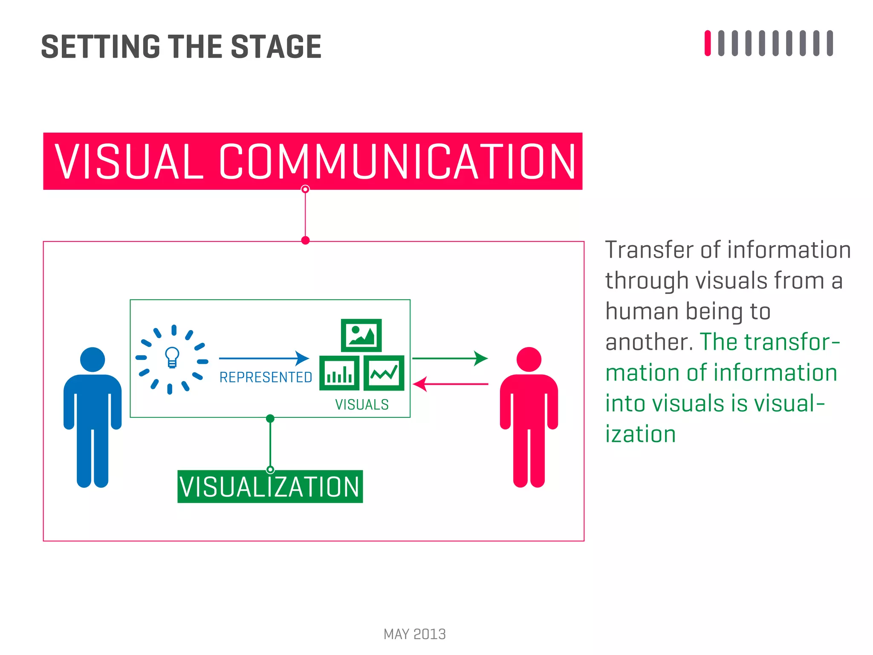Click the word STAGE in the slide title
tap(276, 47)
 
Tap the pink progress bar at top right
tap(708, 43)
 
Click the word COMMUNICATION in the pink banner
tap(397, 162)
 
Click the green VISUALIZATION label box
tap(270, 487)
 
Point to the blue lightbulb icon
tap(172, 357)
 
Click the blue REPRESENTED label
tap(266, 377)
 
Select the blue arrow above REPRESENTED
tap(264, 358)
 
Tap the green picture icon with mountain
tap(361, 335)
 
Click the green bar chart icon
tap(339, 373)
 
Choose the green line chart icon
tap(384, 373)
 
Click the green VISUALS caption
tap(362, 404)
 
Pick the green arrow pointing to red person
tap(450, 358)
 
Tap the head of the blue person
tap(93, 359)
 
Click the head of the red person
tap(529, 359)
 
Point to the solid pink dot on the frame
tap(305, 241)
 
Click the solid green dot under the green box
tap(270, 418)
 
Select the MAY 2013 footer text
tap(414, 634)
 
